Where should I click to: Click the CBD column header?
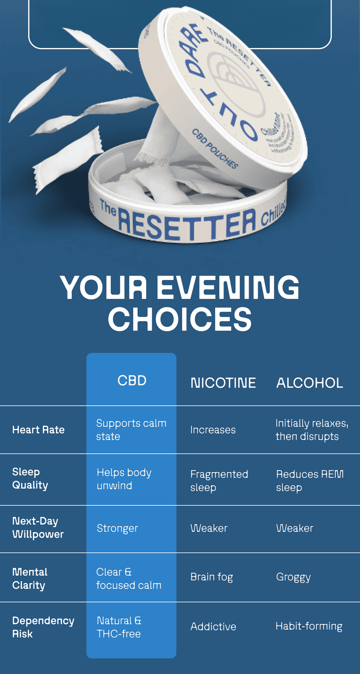click(x=132, y=381)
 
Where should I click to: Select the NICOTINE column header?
click(x=223, y=383)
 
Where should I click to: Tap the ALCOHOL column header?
click(x=310, y=383)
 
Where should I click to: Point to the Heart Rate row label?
click(x=38, y=430)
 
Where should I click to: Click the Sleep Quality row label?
click(x=30, y=478)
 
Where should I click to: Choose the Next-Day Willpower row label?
click(x=38, y=528)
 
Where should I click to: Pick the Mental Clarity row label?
click(x=30, y=578)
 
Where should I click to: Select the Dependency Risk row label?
click(x=43, y=627)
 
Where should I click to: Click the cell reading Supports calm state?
click(x=131, y=429)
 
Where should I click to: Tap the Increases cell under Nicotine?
click(x=213, y=430)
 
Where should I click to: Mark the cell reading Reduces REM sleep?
click(x=310, y=480)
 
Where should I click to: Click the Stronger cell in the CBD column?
click(x=117, y=528)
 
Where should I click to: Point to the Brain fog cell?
click(x=211, y=577)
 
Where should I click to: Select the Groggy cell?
click(x=293, y=577)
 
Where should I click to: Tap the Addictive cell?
click(x=213, y=627)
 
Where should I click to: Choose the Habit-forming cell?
click(x=309, y=626)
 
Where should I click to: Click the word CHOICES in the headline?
click(x=180, y=319)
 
